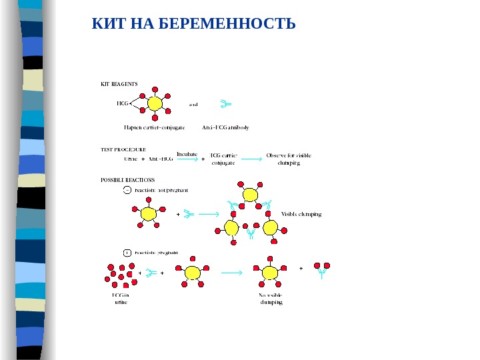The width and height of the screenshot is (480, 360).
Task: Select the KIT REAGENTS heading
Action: (119, 84)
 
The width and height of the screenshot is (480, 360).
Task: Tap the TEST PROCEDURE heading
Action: (123, 150)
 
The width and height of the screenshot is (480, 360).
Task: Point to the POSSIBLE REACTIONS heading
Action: (127, 180)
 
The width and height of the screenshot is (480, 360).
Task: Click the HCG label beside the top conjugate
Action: (122, 103)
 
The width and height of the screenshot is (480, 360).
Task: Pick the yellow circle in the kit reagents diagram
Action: (155, 104)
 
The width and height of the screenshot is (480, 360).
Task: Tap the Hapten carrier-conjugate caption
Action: (155, 127)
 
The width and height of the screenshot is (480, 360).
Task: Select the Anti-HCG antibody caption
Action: (225, 127)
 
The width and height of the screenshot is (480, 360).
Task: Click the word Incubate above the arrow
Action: (187, 153)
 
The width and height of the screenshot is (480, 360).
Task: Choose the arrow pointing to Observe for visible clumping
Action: (251, 159)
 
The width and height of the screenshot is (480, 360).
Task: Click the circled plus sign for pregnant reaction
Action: (127, 253)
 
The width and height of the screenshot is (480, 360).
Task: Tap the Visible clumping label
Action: (301, 214)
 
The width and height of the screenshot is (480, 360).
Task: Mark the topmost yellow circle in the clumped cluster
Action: (250, 195)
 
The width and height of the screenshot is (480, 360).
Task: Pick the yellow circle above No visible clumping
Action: (270, 273)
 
